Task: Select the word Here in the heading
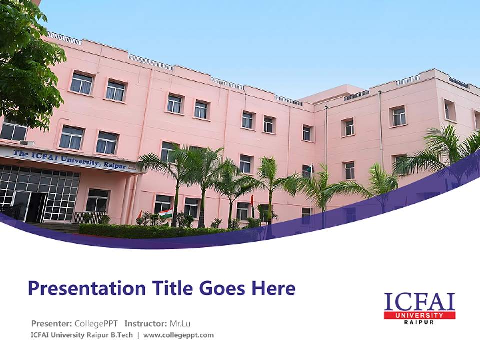273,288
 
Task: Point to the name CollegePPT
96,324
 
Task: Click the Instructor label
145,324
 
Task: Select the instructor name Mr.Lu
180,324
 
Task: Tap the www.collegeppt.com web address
178,335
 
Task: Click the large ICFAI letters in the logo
419,302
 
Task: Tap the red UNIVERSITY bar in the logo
419,315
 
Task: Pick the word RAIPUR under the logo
419,322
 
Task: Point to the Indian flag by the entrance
166,213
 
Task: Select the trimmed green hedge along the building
150,231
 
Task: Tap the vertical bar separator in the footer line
138,335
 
